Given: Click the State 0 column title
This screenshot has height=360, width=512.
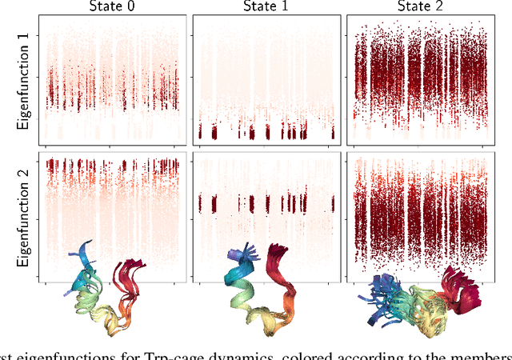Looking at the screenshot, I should pyautogui.click(x=112, y=7).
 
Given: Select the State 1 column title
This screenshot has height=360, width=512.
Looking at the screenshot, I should pyautogui.click(x=268, y=7).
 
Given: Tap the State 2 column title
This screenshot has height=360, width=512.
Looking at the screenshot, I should pyautogui.click(x=423, y=7).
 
